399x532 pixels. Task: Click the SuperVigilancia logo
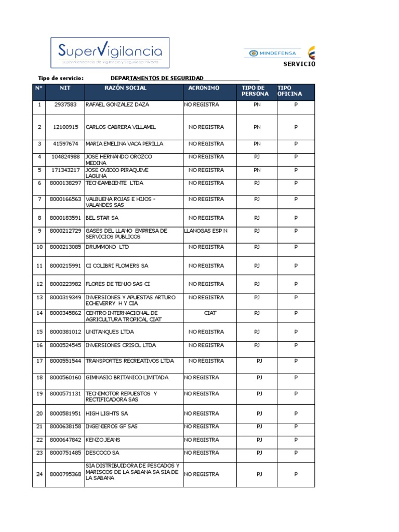tap(110, 53)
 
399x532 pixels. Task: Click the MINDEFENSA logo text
tap(276, 53)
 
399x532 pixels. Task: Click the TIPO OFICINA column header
tap(289, 91)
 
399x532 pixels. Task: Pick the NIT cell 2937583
tap(65, 104)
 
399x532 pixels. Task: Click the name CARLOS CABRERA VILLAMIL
tap(121, 127)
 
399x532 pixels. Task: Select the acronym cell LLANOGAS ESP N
tap(206, 231)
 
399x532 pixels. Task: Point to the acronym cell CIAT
tap(210, 313)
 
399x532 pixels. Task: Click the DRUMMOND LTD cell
tap(107, 247)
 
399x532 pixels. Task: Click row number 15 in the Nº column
tap(39, 331)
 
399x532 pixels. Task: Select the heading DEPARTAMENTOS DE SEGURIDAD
tap(157, 78)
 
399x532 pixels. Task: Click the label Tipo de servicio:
tap(61, 78)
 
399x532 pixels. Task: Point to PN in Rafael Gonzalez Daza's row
tap(257, 104)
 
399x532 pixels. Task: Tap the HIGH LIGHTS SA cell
tap(107, 414)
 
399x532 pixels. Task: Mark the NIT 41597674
tap(65, 143)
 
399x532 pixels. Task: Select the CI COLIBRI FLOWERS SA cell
tap(117, 265)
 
